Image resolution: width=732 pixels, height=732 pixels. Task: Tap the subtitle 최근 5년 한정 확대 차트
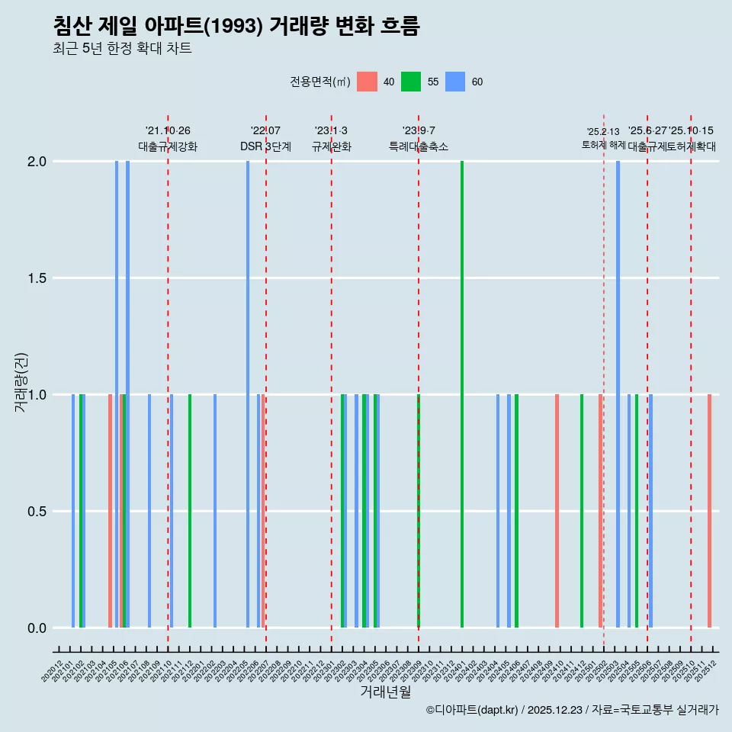(x=122, y=49)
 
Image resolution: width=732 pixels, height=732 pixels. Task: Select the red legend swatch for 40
(x=368, y=82)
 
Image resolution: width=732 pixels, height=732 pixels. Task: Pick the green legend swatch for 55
(x=412, y=82)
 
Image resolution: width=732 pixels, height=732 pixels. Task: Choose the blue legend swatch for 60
(x=455, y=82)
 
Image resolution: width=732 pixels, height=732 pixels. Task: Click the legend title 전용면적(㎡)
(x=320, y=82)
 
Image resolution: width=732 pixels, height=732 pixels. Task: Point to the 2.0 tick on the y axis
(x=37, y=162)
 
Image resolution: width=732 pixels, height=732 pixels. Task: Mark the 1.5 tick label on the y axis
(x=37, y=278)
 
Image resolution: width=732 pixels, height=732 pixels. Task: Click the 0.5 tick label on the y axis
(x=37, y=512)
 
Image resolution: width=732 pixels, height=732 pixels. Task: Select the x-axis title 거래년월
(x=385, y=692)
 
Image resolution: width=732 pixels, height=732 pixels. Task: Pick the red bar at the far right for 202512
(x=709, y=511)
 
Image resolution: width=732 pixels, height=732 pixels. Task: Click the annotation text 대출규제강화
(x=168, y=146)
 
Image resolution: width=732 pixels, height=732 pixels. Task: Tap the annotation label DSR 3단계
(x=265, y=146)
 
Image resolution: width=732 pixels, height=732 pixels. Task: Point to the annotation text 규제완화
(x=332, y=146)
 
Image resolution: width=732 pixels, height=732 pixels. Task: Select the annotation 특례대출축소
(x=419, y=146)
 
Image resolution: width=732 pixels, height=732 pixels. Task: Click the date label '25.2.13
(x=603, y=132)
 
